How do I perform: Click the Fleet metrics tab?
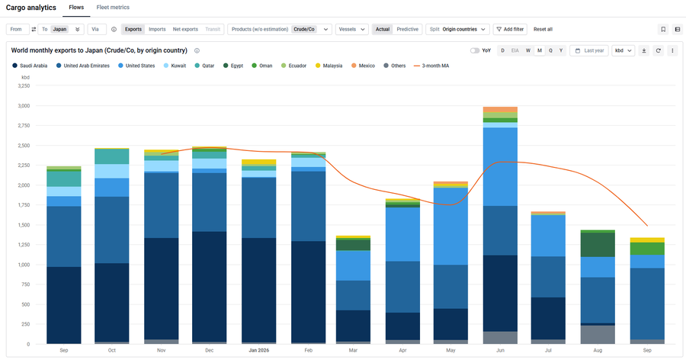(113, 8)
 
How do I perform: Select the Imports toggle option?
(157, 29)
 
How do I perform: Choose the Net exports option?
(185, 29)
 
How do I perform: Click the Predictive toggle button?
(407, 29)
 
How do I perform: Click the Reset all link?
(543, 29)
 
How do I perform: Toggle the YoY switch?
(475, 51)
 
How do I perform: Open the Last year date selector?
(589, 51)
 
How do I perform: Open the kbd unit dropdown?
(623, 51)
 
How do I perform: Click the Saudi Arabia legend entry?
(30, 66)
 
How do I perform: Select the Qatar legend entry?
(204, 66)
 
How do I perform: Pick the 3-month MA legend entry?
(431, 66)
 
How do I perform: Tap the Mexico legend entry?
(363, 66)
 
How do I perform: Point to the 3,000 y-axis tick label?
(24, 105)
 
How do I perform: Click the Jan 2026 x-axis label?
(259, 350)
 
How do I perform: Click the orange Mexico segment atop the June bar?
(501, 110)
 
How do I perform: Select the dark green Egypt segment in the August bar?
(598, 244)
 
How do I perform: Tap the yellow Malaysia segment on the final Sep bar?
(647, 240)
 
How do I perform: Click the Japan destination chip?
(59, 29)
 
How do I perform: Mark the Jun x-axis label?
(501, 350)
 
